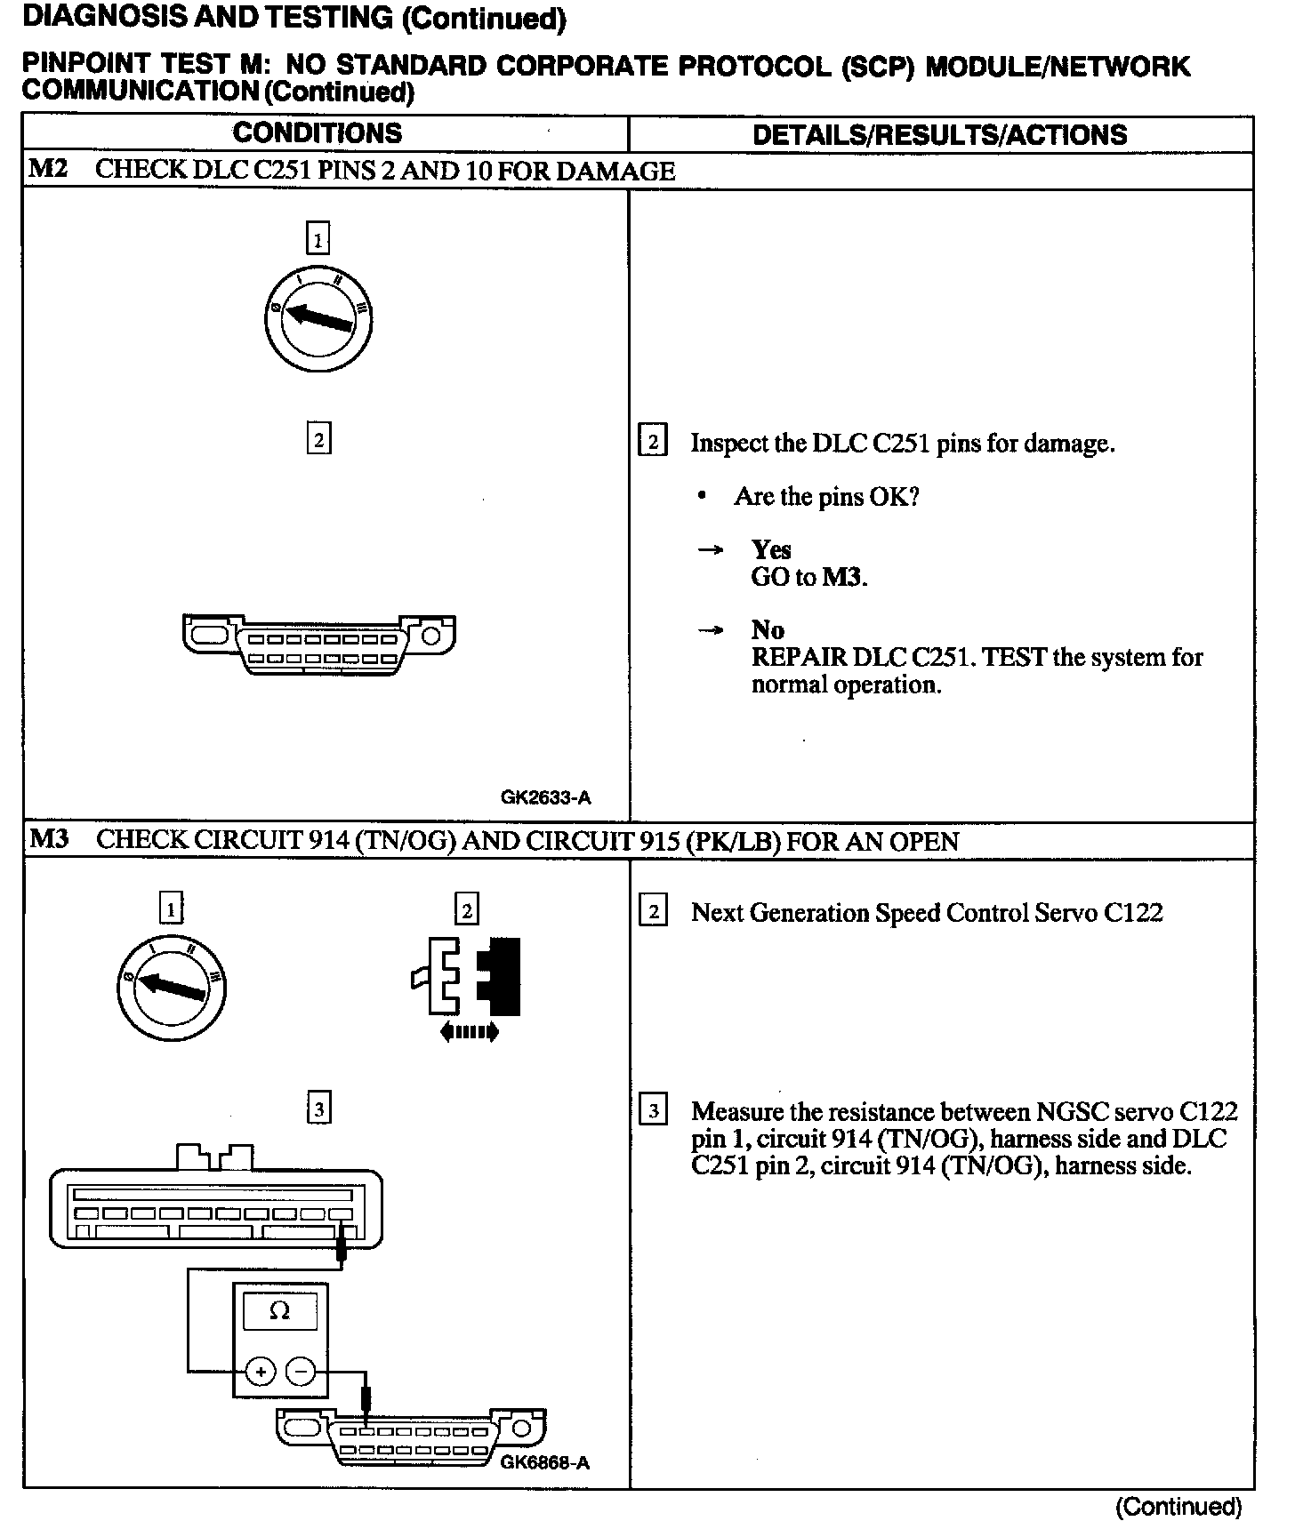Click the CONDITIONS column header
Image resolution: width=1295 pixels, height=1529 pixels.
coord(317,133)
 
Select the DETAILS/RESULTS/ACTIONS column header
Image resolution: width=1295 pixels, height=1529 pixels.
coord(939,134)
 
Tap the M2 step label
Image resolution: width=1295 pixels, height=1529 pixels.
coord(48,169)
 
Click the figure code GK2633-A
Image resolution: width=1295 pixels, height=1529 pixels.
coord(545,797)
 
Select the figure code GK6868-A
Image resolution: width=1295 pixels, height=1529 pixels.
coord(544,1462)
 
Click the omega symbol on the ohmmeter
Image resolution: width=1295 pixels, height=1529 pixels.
coord(279,1311)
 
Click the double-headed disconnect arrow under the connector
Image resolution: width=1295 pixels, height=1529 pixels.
coord(470,1032)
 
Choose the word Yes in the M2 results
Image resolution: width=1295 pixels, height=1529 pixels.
coord(770,549)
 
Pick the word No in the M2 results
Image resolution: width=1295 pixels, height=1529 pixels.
coord(767,629)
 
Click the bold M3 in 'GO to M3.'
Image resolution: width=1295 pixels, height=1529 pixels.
coord(843,577)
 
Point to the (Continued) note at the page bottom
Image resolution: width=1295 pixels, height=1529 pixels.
coord(1178,1507)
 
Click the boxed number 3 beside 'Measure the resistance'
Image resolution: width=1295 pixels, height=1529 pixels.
coord(654,1110)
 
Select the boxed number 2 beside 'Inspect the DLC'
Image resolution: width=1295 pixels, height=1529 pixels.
coord(653,442)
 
